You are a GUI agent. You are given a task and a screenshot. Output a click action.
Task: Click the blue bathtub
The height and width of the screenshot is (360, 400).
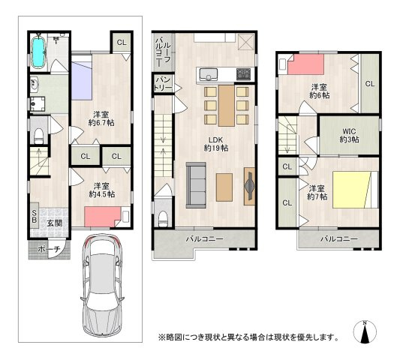38,52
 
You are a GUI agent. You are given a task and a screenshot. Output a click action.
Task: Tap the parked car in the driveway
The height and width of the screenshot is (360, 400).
103,285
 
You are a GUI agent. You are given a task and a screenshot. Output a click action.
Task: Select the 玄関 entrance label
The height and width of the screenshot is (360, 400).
55,223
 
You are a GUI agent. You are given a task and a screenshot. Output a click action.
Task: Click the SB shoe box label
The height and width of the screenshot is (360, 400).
35,215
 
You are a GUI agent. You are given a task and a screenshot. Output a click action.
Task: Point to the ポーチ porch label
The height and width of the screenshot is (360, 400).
49,249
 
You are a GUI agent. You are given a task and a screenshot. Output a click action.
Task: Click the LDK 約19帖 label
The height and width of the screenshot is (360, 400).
216,144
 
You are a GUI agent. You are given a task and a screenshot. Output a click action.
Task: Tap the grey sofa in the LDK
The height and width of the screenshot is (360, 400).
196,185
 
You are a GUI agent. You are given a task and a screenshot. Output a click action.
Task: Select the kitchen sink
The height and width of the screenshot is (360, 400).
209,74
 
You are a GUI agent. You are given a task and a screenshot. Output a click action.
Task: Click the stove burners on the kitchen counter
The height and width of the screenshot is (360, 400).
244,74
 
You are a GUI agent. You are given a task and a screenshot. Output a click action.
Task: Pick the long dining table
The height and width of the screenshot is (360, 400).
227,106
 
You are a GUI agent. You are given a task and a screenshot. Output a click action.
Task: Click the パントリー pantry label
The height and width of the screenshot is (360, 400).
164,84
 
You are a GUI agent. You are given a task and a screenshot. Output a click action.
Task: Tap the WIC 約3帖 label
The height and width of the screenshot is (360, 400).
349,136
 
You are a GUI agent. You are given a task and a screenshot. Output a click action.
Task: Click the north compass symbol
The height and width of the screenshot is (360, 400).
365,331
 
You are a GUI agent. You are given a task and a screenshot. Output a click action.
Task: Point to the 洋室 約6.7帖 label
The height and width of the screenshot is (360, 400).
101,118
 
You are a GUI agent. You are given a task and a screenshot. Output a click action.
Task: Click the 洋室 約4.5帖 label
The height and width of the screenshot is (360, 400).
101,190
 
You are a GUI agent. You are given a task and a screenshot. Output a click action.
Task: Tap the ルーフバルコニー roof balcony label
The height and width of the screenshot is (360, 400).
164,52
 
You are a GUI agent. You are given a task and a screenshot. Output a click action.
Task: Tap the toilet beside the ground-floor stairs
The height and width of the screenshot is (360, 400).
39,136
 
